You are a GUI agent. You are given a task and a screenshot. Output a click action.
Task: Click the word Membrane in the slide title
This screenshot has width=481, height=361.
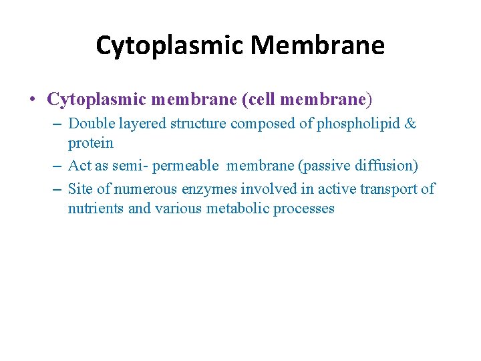click(318, 46)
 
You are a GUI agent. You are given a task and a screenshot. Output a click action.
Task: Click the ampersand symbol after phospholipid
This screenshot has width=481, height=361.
click(412, 124)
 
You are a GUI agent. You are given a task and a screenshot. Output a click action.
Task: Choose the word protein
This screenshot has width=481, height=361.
click(91, 143)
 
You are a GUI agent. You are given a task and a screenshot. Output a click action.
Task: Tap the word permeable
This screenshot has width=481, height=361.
click(186, 166)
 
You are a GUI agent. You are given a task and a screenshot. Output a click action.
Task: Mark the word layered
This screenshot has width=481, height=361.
click(142, 124)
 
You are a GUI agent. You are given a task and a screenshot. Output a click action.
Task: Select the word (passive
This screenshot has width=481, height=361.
click(319, 166)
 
